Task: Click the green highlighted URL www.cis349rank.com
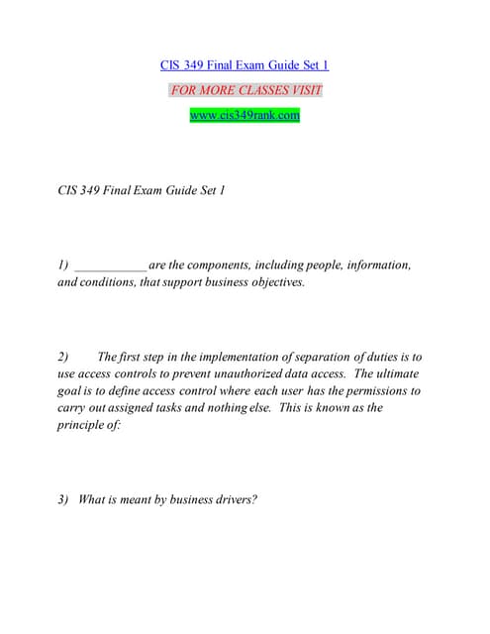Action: coord(245,115)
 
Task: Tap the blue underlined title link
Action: coord(245,65)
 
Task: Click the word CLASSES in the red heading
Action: coord(251,90)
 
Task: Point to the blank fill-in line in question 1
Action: coord(111,265)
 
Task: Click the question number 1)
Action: coord(63,264)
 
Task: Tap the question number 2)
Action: coord(63,357)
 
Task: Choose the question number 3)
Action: coord(63,499)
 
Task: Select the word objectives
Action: coord(276,282)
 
